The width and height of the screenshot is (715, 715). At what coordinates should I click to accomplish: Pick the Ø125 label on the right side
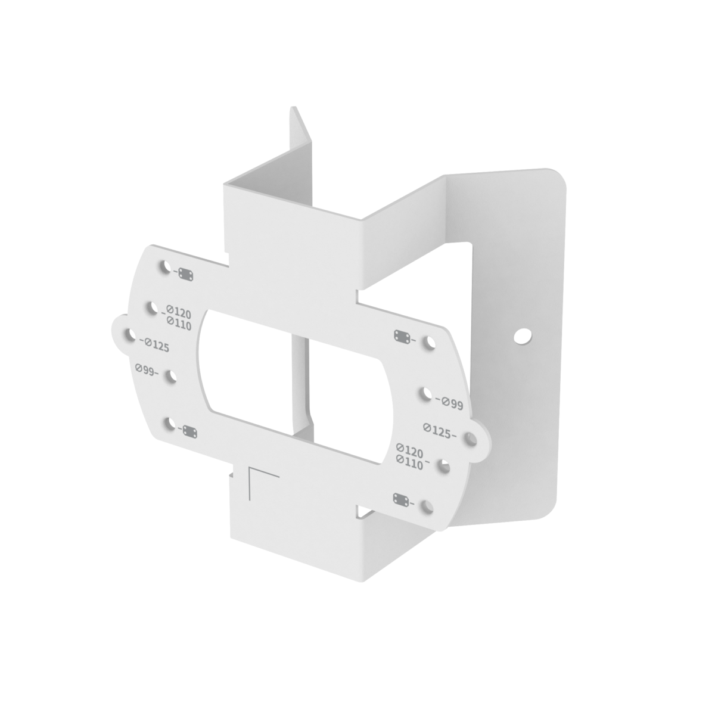(x=440, y=431)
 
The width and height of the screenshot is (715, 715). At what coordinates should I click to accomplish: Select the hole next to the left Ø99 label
(x=172, y=377)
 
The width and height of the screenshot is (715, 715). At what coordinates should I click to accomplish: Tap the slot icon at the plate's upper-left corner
(x=185, y=274)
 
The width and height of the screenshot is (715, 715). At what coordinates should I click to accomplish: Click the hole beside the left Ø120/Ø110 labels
(x=153, y=307)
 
